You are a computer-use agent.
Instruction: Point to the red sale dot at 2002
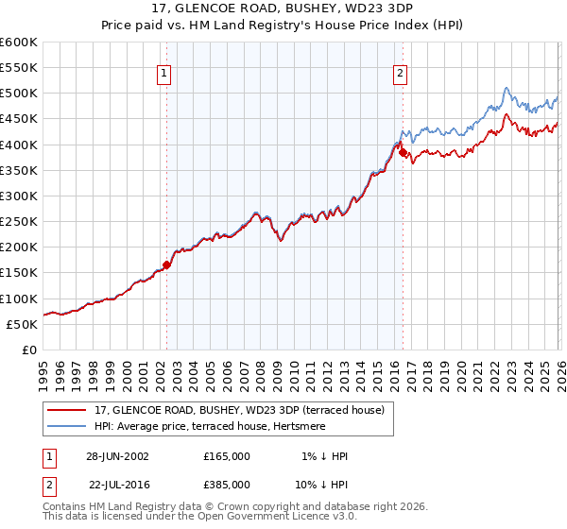coord(167,264)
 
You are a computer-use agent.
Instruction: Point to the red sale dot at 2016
coord(403,151)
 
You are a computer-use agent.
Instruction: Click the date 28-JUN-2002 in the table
coord(117,456)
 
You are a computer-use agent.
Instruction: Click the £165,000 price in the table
coord(227,456)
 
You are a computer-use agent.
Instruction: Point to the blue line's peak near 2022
coord(507,89)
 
